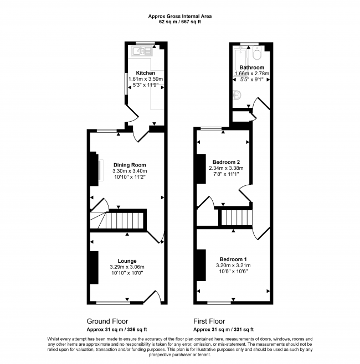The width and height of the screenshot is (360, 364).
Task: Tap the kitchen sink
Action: (x=142, y=51)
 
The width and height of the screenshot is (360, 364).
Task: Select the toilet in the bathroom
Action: (x=258, y=53)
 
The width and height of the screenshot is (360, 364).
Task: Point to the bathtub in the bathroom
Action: (x=240, y=58)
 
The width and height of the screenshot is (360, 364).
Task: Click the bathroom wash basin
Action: (x=237, y=95)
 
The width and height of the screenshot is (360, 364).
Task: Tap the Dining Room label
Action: (x=130, y=165)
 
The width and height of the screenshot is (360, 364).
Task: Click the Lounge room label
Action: (x=127, y=261)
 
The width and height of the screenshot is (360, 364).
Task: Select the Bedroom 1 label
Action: (x=233, y=259)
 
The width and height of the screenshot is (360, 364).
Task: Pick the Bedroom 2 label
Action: (x=226, y=162)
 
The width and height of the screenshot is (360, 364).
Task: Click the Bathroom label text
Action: (x=251, y=67)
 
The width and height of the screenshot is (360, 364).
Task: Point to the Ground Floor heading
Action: (x=107, y=321)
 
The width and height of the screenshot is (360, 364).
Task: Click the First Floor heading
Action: (x=209, y=321)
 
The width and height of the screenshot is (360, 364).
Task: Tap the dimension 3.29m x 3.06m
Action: (x=127, y=267)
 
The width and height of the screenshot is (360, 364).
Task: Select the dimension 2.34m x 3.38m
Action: (x=226, y=168)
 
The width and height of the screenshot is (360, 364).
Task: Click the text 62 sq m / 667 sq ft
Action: (x=180, y=22)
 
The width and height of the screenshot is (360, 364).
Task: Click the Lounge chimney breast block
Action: (x=94, y=267)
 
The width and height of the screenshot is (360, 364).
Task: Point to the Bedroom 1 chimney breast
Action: (x=201, y=265)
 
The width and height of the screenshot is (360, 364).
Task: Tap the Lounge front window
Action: (x=113, y=303)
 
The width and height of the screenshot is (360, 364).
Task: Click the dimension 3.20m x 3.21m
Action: (x=233, y=266)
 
